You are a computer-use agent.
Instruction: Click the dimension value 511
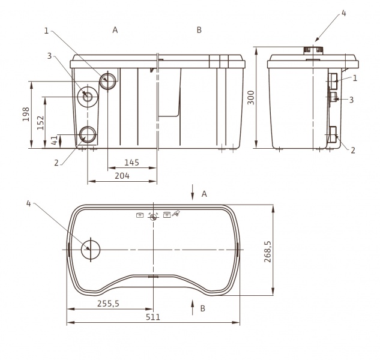tap(153, 317)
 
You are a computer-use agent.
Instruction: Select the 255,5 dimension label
tap(108, 304)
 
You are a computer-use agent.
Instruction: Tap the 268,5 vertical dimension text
tap(268, 251)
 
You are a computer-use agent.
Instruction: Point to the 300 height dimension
tap(251, 97)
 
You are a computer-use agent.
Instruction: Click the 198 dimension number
tap(26, 114)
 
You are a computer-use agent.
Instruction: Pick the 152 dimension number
tap(40, 123)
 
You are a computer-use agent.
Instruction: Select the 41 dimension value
tap(55, 140)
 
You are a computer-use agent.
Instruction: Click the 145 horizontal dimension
tap(132, 163)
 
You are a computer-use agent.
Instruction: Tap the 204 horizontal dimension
tap(122, 176)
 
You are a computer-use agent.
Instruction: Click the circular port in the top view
tap(91, 250)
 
